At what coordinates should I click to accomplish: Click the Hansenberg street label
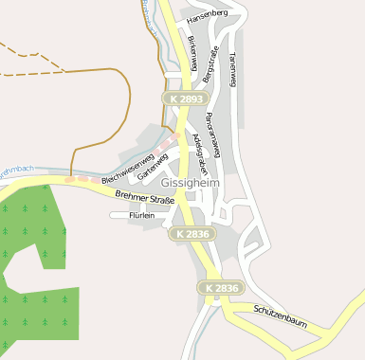click(208, 14)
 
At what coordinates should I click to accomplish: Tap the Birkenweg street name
click(192, 51)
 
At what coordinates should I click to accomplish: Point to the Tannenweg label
click(232, 68)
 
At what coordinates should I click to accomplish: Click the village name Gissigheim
click(190, 182)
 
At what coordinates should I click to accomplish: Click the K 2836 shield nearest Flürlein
click(193, 233)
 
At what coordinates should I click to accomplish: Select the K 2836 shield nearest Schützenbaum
click(221, 287)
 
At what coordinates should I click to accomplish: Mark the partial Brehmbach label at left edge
click(16, 170)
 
